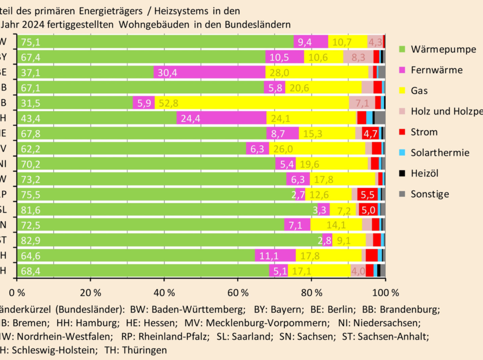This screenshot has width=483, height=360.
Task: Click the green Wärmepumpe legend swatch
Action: pyautogui.click(x=402, y=49)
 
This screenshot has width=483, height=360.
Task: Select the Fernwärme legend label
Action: pyautogui.click(x=437, y=70)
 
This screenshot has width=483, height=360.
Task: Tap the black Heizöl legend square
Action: pyautogui.click(x=402, y=173)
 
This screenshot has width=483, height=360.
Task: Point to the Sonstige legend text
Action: pyautogui.click(x=430, y=194)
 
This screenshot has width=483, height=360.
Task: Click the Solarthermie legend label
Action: pyautogui.click(x=440, y=152)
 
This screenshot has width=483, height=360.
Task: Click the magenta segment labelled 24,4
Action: pyautogui.click(x=221, y=118)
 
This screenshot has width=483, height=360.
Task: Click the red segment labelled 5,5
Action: pyautogui.click(x=367, y=194)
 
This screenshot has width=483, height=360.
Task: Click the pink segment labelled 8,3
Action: pyautogui.click(x=358, y=57)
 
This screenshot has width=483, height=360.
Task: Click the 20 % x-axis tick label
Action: pyautogui.click(x=91, y=293)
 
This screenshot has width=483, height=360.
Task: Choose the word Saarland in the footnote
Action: pyautogui.click(x=251, y=336)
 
